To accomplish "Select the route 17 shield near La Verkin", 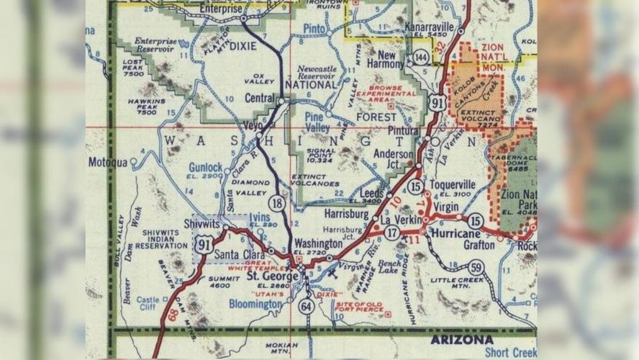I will point(392,233).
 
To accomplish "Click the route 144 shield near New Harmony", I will point(420,58).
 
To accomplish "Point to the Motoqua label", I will point(108,162).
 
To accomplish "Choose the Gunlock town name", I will point(206,166).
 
